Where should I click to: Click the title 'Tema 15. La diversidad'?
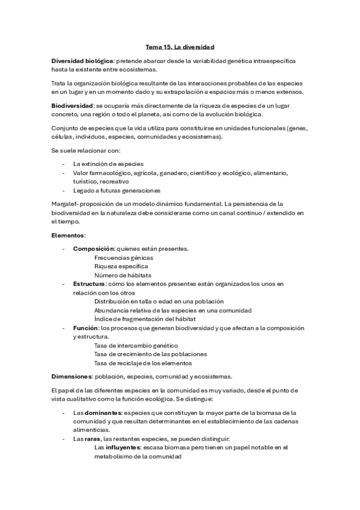pos(180,45)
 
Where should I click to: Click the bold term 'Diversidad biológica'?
pos(82,61)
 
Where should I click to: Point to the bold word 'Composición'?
pos(93,248)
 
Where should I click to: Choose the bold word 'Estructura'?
pos(89,283)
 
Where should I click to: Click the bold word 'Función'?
pos(85,328)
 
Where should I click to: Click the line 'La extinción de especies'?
pos(108,164)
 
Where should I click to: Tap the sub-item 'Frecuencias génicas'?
pos(123,257)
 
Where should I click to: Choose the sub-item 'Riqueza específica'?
pos(121,266)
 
